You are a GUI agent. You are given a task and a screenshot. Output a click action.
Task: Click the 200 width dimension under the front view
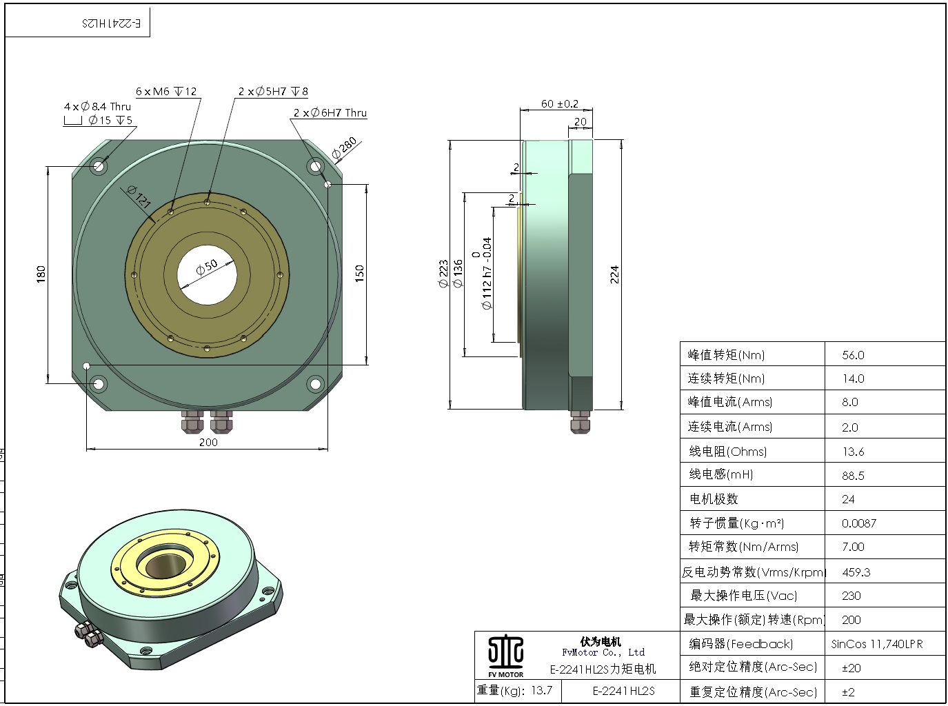(x=208, y=442)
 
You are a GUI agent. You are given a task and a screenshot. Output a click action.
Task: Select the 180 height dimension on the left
(x=41, y=273)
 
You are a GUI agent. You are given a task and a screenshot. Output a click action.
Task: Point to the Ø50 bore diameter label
(x=207, y=268)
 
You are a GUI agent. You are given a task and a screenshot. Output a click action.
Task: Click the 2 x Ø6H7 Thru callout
(x=330, y=112)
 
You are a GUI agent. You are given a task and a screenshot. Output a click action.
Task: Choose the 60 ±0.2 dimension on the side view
(x=559, y=103)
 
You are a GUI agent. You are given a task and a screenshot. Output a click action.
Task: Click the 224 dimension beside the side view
(x=614, y=274)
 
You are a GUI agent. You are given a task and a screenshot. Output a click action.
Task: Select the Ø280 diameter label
(x=345, y=148)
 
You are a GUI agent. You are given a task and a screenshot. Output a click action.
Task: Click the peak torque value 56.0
(x=853, y=355)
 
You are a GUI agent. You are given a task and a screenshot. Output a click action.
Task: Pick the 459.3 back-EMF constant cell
(x=856, y=572)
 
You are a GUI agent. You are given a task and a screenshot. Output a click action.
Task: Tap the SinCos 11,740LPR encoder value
(x=876, y=644)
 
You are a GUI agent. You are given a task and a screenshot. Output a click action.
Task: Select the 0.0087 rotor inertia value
(x=859, y=523)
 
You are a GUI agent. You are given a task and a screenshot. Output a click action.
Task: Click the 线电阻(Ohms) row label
(x=728, y=452)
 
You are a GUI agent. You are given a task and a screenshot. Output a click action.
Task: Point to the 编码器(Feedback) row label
(x=741, y=644)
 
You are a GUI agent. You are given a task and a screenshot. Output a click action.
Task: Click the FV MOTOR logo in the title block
(x=506, y=655)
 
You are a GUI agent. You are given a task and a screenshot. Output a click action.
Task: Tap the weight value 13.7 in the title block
(x=542, y=690)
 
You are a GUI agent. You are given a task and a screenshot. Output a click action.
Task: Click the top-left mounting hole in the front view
(x=99, y=165)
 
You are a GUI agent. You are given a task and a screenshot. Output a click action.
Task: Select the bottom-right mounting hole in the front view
(x=315, y=383)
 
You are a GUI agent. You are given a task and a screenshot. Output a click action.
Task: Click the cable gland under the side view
(x=581, y=421)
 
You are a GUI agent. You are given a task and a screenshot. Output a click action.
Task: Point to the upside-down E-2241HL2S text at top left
(x=112, y=23)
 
